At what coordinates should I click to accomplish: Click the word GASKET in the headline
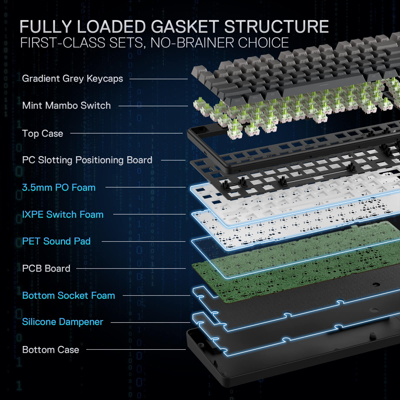click(x=185, y=27)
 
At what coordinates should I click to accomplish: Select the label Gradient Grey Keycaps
click(x=72, y=78)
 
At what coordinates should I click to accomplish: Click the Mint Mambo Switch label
click(x=66, y=105)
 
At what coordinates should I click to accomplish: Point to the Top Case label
click(x=42, y=133)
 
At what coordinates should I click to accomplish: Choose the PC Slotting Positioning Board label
click(x=87, y=160)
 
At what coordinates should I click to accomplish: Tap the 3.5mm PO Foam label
click(x=59, y=187)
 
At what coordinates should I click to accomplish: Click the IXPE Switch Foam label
click(x=63, y=214)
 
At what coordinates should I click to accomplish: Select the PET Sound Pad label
click(x=56, y=241)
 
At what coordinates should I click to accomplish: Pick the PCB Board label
click(x=46, y=268)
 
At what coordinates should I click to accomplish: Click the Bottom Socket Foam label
click(x=68, y=295)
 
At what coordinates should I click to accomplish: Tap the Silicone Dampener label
click(x=62, y=322)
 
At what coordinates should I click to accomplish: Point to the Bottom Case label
click(x=50, y=350)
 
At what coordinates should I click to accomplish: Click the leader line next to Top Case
click(x=126, y=133)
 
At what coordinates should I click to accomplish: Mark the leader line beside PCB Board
click(x=131, y=268)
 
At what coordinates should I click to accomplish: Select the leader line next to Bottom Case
click(x=136, y=349)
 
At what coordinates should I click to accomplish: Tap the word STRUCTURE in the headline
click(x=276, y=27)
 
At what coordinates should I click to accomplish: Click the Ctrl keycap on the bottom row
click(x=237, y=101)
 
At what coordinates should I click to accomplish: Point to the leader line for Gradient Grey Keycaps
click(x=158, y=79)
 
